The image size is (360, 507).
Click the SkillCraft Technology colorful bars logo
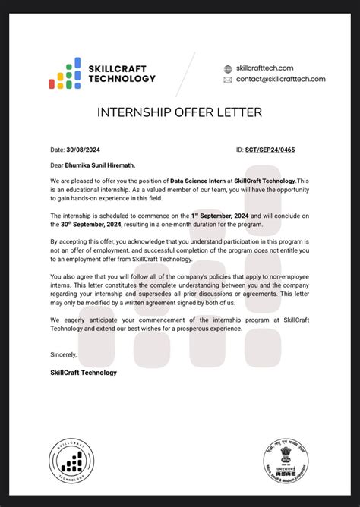pos(65,74)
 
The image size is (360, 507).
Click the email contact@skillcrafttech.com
pos(280,79)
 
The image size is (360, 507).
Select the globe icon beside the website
pos(228,69)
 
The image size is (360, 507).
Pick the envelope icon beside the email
pos(228,80)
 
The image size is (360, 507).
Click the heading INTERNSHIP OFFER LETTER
pos(179,112)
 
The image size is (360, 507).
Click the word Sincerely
pos(64,354)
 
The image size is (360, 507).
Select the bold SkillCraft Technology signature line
pos(84,372)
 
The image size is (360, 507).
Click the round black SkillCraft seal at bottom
pos(72,461)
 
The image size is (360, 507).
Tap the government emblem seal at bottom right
pos(287,460)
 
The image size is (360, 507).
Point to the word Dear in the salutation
pos(58,164)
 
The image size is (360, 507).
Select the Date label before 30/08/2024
pos(58,150)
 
